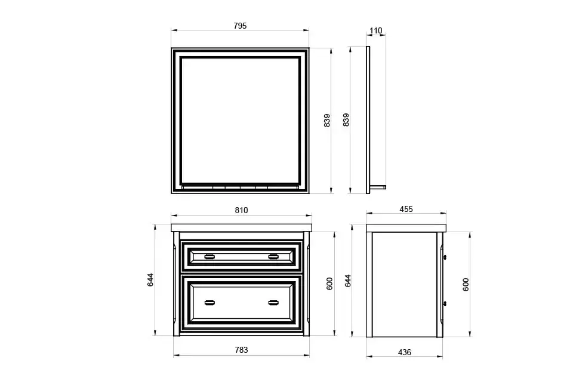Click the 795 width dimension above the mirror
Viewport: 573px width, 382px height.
click(240, 26)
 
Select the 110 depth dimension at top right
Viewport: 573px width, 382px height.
click(375, 31)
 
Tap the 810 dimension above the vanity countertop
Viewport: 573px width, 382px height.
click(241, 210)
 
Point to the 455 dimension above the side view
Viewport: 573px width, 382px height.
click(406, 210)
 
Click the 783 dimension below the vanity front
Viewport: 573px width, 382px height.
click(241, 350)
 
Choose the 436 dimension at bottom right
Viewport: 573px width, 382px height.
click(404, 352)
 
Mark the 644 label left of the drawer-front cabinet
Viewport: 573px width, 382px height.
click(151, 280)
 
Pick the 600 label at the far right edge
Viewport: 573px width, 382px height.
click(466, 285)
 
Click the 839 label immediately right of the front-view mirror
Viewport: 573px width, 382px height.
click(326, 121)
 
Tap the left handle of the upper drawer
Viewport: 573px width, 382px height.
click(210, 257)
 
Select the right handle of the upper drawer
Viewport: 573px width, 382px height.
click(273, 257)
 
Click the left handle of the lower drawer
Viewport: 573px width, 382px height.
click(210, 302)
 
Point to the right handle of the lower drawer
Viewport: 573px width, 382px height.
click(273, 302)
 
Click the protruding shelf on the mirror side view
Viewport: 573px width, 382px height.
click(378, 187)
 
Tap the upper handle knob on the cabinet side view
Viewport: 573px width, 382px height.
click(445, 257)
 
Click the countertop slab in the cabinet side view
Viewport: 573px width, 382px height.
click(406, 227)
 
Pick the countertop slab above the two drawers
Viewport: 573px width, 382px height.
click(241, 227)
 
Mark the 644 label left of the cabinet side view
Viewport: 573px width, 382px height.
click(348, 280)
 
